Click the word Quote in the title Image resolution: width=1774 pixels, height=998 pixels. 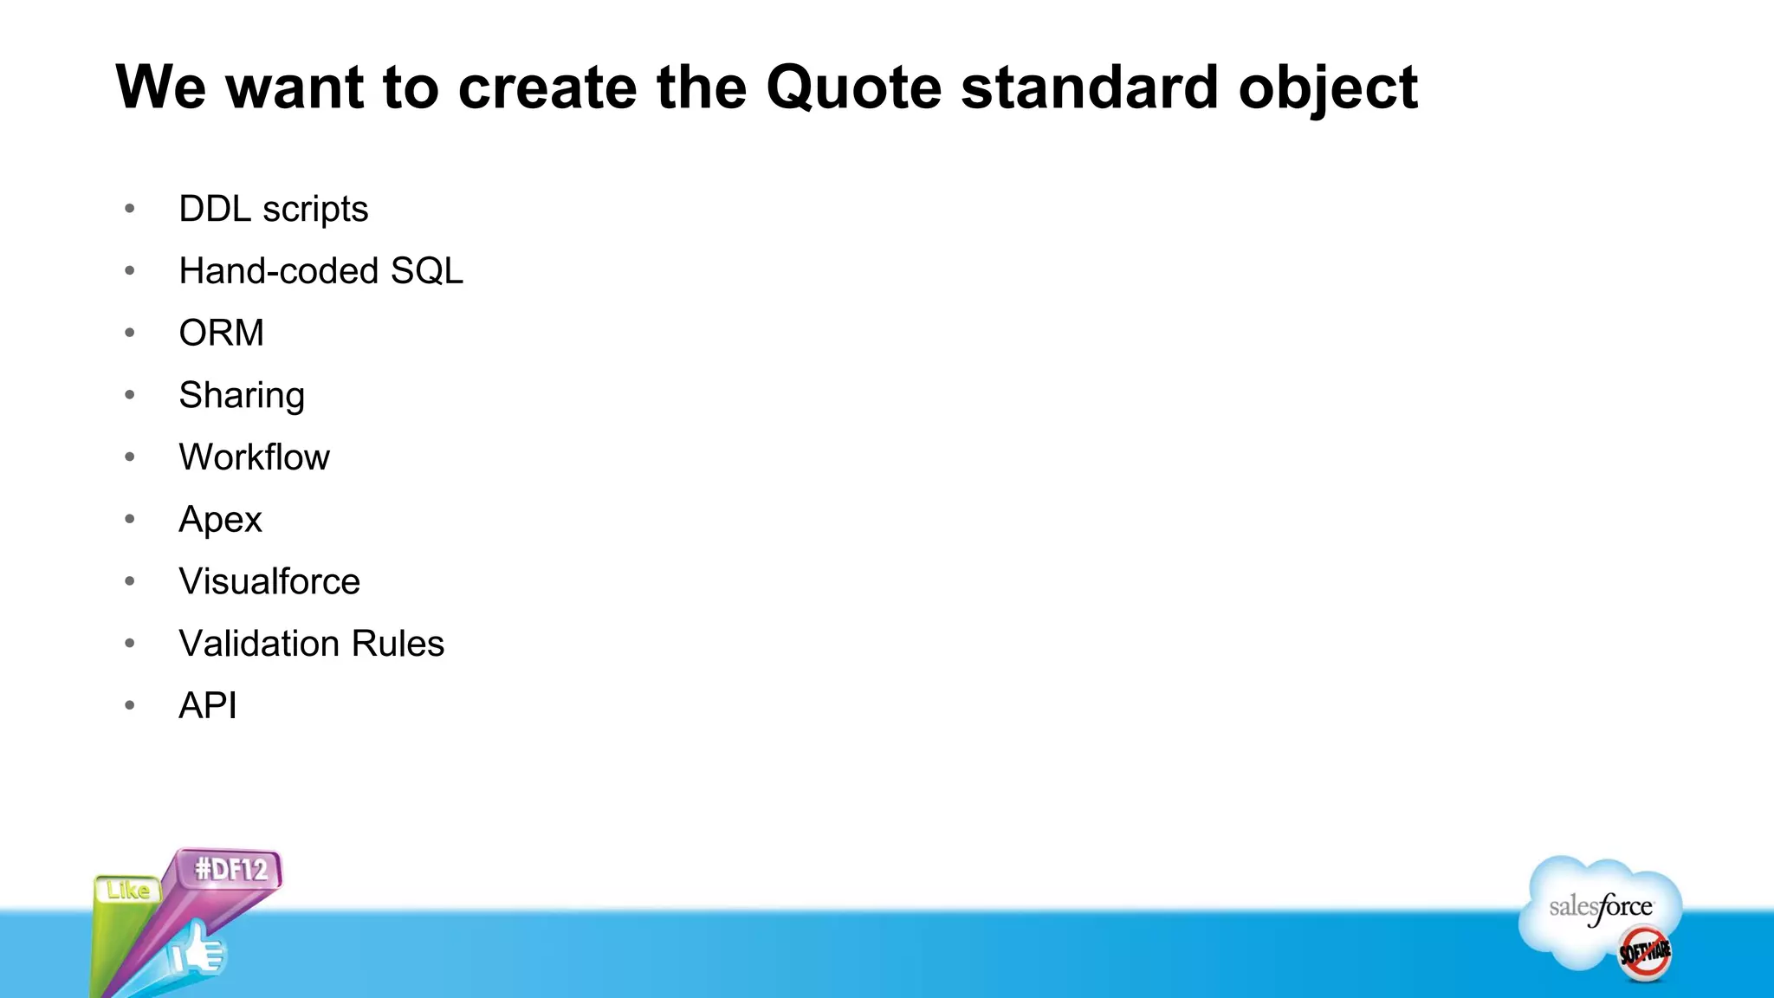point(853,88)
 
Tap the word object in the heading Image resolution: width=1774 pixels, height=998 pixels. point(1327,88)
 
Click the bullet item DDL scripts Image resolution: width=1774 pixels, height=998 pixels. point(273,210)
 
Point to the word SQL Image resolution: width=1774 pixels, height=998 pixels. point(426,271)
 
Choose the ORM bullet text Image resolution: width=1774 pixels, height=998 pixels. point(221,334)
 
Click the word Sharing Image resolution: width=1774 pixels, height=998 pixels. point(241,396)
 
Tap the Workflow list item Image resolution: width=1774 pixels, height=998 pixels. point(254,457)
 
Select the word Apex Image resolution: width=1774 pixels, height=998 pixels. point(220,520)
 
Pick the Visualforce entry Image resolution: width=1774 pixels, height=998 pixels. point(269,581)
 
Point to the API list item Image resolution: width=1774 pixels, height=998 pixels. point(207,706)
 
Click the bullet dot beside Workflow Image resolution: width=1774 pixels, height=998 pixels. point(130,457)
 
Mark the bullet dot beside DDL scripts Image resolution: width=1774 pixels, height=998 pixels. point(130,208)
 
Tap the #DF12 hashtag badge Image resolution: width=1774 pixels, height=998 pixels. point(230,869)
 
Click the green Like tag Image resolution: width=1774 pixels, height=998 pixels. point(127,891)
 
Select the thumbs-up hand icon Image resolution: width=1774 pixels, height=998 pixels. point(197,951)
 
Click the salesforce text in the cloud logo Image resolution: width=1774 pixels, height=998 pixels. point(1600,908)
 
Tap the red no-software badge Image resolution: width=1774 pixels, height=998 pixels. point(1644,953)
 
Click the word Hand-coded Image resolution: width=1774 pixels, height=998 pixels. point(279,271)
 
